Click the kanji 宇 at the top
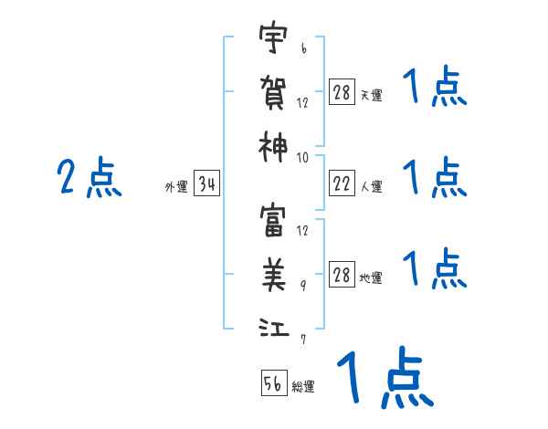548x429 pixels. coord(273,40)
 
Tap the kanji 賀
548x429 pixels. coord(273,91)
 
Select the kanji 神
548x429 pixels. coord(273,144)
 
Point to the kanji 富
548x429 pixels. coord(273,222)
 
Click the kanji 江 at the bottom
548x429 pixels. coord(273,327)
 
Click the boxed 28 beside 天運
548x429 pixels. coord(342,93)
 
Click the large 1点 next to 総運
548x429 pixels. coord(384,379)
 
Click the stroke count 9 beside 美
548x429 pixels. coord(303,285)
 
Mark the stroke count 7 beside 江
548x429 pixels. coord(303,339)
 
